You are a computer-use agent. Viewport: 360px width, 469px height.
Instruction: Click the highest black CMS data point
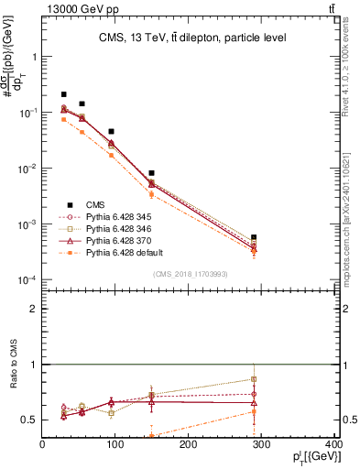pos(64,94)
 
